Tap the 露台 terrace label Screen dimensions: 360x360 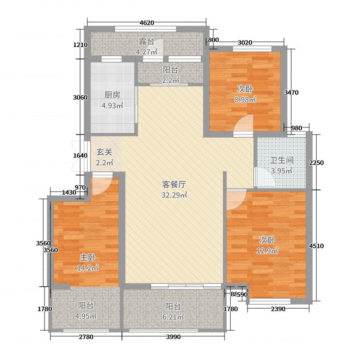tap(146, 41)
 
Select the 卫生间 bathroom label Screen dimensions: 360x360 tap(282, 160)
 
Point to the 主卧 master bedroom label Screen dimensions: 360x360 tap(87, 257)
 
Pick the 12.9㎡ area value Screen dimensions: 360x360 tap(267, 251)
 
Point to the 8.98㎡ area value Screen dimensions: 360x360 tap(245, 99)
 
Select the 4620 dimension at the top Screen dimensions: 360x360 tap(147, 22)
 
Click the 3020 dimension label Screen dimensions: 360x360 tap(244, 43)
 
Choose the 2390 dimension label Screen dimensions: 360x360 tap(278, 308)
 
